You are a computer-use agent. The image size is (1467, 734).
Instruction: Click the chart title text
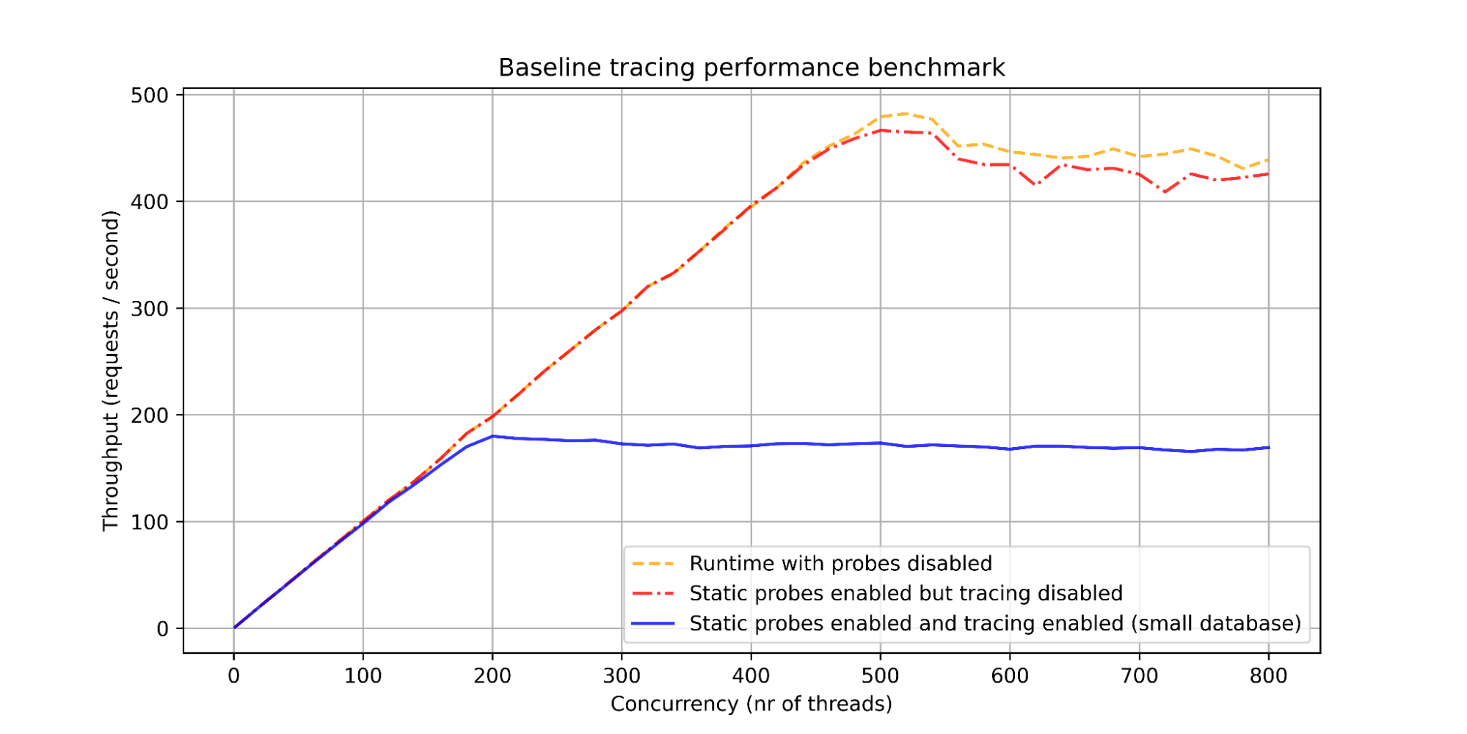(751, 68)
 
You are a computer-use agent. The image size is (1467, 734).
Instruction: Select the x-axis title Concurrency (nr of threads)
(751, 704)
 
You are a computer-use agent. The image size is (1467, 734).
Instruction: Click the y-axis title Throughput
(110, 371)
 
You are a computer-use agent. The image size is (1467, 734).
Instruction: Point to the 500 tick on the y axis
(149, 95)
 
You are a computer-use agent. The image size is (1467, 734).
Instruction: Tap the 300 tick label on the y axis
(149, 309)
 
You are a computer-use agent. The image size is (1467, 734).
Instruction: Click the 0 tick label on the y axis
(162, 629)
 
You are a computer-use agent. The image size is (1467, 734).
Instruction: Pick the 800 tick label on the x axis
(1268, 675)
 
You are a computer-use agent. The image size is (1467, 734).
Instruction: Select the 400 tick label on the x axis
(751, 675)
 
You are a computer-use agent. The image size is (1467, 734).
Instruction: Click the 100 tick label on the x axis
(363, 675)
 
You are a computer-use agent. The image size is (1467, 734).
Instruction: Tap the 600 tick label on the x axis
(1010, 675)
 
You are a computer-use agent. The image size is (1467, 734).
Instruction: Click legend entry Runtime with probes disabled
(840, 564)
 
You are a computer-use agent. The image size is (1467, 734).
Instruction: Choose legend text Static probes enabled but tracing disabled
(906, 593)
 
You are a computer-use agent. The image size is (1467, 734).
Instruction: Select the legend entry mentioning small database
(994, 623)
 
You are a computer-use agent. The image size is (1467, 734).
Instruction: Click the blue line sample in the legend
(652, 623)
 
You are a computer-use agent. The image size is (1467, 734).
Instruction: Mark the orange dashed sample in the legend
(652, 564)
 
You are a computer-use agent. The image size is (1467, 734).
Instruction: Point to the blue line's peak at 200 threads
(492, 436)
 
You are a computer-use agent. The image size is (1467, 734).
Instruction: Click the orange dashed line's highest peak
(906, 114)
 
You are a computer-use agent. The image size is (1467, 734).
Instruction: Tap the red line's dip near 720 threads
(1165, 192)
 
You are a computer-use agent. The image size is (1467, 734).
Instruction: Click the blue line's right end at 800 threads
(1268, 447)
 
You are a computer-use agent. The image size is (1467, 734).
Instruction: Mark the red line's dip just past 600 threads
(1036, 185)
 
